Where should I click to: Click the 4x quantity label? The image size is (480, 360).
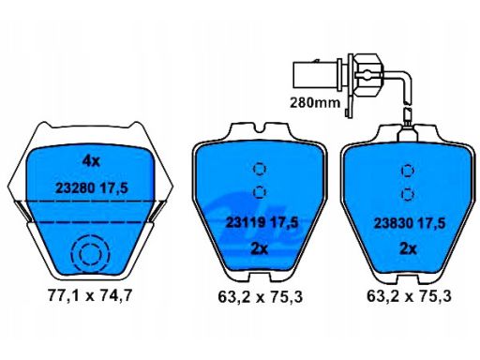pyautogui.click(x=91, y=161)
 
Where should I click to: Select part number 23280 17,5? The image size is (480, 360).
pyautogui.click(x=92, y=188)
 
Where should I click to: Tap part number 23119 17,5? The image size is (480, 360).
pyautogui.click(x=262, y=222)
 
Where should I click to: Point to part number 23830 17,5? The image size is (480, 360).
pyautogui.click(x=410, y=223)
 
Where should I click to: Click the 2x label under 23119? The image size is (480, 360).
pyautogui.click(x=260, y=249)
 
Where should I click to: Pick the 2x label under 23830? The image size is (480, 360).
pyautogui.click(x=409, y=249)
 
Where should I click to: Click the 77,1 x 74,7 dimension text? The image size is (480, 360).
pyautogui.click(x=90, y=295)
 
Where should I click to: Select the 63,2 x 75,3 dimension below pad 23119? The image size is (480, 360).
pyautogui.click(x=261, y=296)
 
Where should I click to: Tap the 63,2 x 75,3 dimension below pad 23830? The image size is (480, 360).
pyautogui.click(x=409, y=296)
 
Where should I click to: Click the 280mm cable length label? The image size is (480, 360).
pyautogui.click(x=315, y=102)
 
